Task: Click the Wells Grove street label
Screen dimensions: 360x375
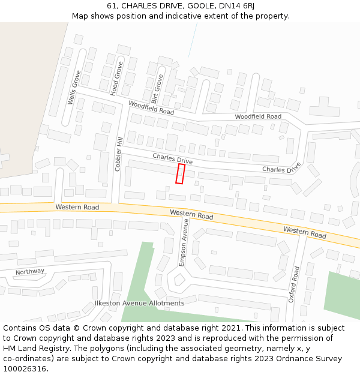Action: pyautogui.click(x=74, y=88)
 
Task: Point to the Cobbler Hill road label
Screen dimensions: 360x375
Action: pyautogui.click(x=119, y=154)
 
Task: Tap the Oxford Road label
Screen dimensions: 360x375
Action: pyautogui.click(x=295, y=284)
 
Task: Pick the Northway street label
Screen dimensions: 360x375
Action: pyautogui.click(x=30, y=271)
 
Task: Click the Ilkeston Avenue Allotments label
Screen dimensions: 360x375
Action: pyautogui.click(x=139, y=304)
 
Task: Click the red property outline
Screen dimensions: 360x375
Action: pyautogui.click(x=180, y=173)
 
